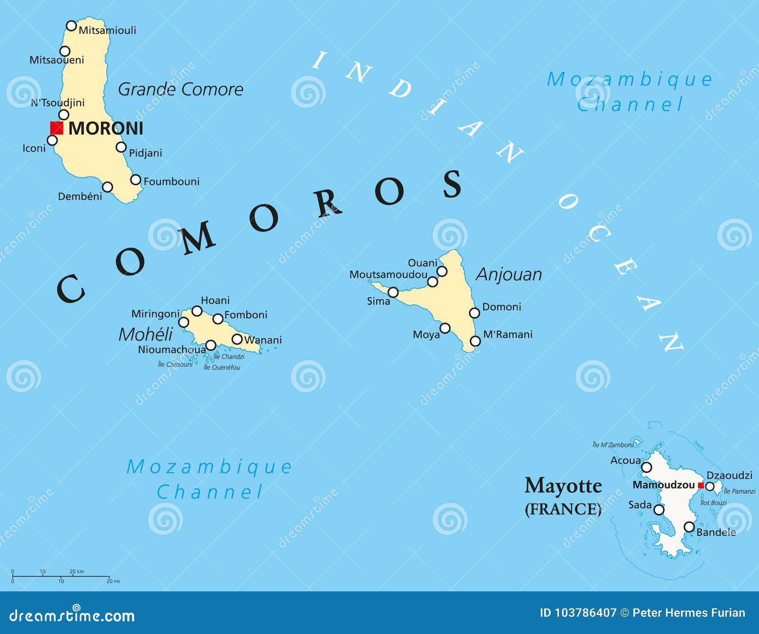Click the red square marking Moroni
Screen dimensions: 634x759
(x=57, y=128)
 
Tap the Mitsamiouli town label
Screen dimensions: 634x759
(x=107, y=30)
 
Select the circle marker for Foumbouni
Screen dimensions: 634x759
(x=136, y=180)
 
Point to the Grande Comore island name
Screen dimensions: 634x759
(x=180, y=89)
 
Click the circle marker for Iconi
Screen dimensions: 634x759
(x=52, y=140)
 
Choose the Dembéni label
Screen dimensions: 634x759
(x=80, y=196)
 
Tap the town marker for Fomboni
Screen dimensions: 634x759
(x=218, y=319)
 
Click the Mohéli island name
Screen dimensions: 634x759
(x=145, y=335)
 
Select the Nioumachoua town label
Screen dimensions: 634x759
(x=172, y=350)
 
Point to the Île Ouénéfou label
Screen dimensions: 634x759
(x=222, y=367)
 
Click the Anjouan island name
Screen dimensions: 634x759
(x=509, y=274)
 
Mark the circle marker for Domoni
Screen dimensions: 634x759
(x=474, y=313)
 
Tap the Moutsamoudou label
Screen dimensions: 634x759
(x=388, y=274)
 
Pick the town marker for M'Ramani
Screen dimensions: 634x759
(x=475, y=341)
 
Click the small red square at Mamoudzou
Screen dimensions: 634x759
(x=700, y=485)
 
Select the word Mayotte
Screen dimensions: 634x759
(x=563, y=485)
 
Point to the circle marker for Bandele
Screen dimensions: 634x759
(x=689, y=527)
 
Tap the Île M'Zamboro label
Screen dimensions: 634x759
(x=613, y=445)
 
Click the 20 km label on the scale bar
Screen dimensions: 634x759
(x=77, y=571)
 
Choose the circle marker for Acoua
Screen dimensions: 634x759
(x=647, y=468)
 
